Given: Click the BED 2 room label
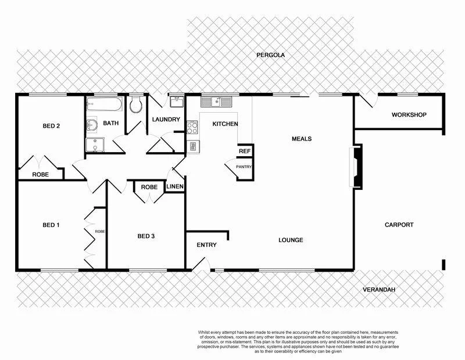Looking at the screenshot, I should pos(51,125).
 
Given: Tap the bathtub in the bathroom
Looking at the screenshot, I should pos(105,106).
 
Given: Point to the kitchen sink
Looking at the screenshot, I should pos(216,102).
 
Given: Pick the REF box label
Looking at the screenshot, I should pos(244,151).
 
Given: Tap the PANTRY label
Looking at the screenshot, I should pos(244,167).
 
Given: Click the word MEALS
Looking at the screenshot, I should pos(302,139).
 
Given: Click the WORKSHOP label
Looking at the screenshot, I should pos(409,114).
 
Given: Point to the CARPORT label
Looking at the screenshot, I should pos(399,225).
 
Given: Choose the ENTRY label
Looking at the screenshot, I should pos(206,245).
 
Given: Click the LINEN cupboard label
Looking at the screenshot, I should pos(175,187).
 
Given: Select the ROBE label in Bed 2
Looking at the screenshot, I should pos(40,174).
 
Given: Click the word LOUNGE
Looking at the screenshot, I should pos(291,240).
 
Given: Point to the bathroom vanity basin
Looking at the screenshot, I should pos(92,124).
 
